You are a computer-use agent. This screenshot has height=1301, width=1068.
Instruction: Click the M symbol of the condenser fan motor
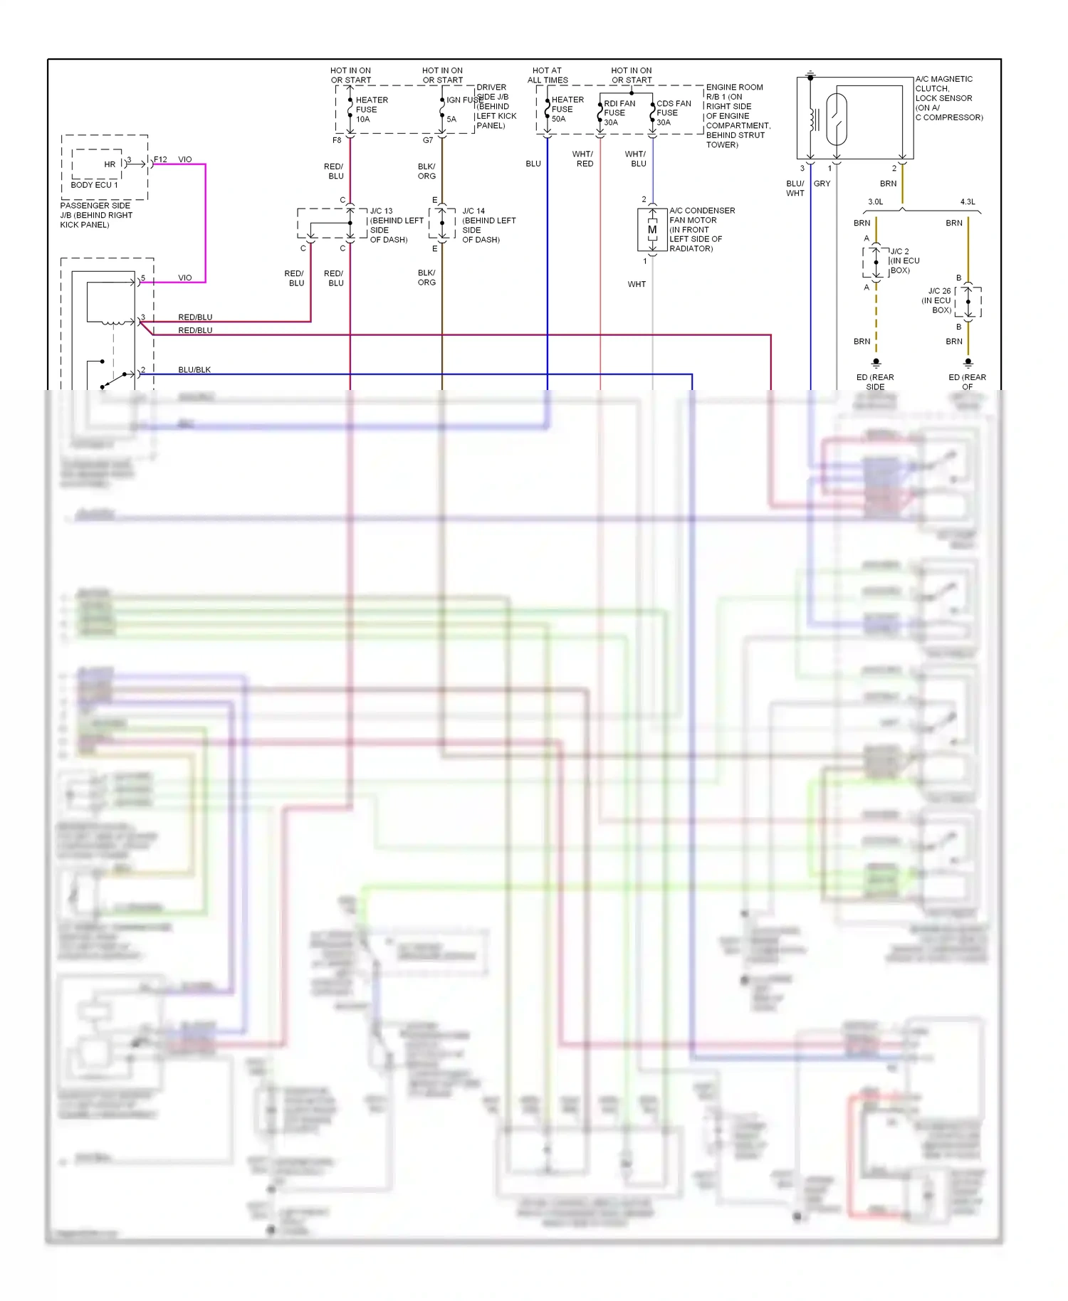point(652,230)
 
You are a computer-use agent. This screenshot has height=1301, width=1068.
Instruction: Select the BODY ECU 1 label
point(94,185)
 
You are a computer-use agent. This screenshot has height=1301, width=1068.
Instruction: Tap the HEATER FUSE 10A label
point(371,110)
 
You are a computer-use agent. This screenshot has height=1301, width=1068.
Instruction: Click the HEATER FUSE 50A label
point(567,109)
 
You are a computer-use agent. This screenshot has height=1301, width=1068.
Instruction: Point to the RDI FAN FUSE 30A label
point(618,112)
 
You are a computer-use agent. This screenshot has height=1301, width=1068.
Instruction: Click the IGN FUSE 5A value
point(451,120)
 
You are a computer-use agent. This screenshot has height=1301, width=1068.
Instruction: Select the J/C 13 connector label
point(381,211)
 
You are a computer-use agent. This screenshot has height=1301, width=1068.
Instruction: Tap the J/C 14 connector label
point(473,211)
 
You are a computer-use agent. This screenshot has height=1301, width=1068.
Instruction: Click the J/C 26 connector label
point(939,291)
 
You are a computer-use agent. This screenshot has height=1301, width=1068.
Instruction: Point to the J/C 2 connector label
point(899,252)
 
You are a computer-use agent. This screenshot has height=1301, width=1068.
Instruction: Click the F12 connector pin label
point(160,159)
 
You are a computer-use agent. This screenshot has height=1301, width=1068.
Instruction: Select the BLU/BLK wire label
point(194,370)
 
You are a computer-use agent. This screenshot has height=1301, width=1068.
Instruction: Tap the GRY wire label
point(822,184)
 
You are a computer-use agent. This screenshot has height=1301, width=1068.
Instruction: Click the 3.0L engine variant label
point(875,202)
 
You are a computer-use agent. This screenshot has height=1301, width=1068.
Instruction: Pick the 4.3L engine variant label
point(968,202)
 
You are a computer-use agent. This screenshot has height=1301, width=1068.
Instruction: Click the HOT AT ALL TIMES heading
point(547,75)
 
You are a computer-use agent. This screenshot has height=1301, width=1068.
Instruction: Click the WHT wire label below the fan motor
point(637,284)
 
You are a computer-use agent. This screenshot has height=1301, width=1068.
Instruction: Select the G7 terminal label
point(427,140)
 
